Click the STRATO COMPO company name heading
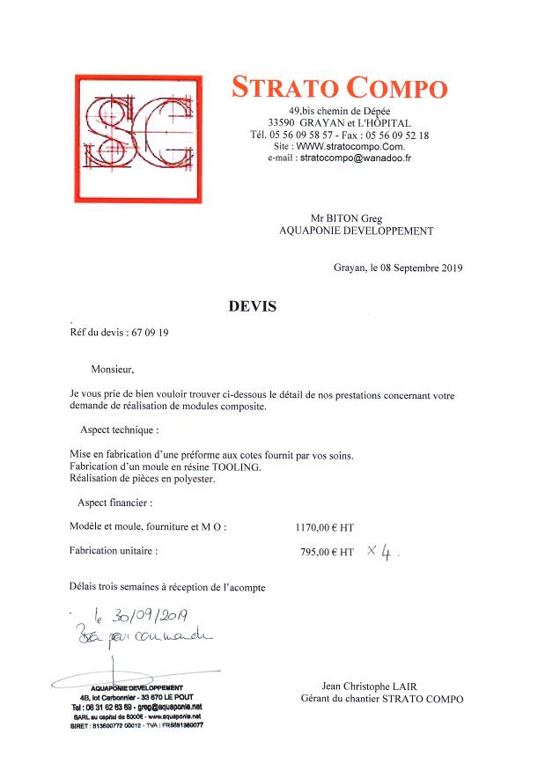339,88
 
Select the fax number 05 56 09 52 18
397,135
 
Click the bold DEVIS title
253,306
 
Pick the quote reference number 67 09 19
149,334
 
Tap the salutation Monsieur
114,370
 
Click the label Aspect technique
120,430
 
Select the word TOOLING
237,466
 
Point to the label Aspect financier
114,503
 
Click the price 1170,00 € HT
325,528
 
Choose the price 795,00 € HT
327,553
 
